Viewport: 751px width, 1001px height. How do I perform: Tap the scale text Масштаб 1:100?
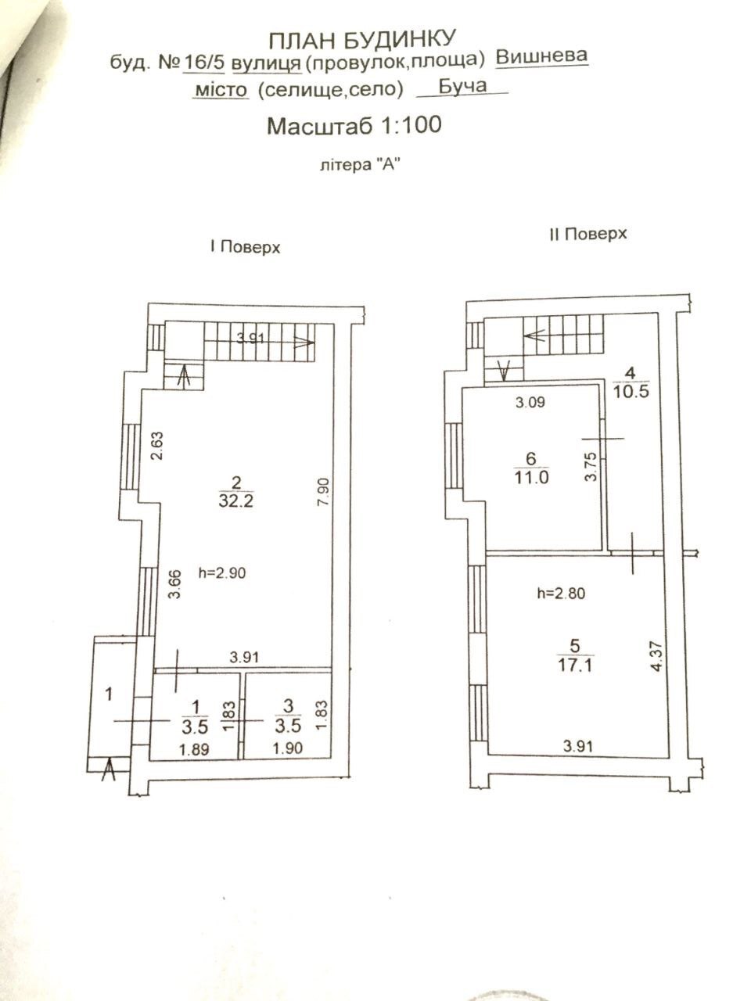[x=354, y=125]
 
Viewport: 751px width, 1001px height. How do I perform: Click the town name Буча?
[x=462, y=86]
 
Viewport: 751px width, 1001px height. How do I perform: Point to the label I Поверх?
[x=244, y=248]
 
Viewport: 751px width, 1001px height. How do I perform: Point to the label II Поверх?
[x=588, y=234]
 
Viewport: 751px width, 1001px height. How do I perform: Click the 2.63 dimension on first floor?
[x=156, y=447]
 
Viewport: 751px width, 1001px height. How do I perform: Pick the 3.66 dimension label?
[x=175, y=585]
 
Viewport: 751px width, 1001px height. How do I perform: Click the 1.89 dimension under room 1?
[x=194, y=748]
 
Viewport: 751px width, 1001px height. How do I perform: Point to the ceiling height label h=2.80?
[x=561, y=594]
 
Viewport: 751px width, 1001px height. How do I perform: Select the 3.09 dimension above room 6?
[x=530, y=404]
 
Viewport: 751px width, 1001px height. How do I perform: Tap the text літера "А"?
[x=354, y=165]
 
